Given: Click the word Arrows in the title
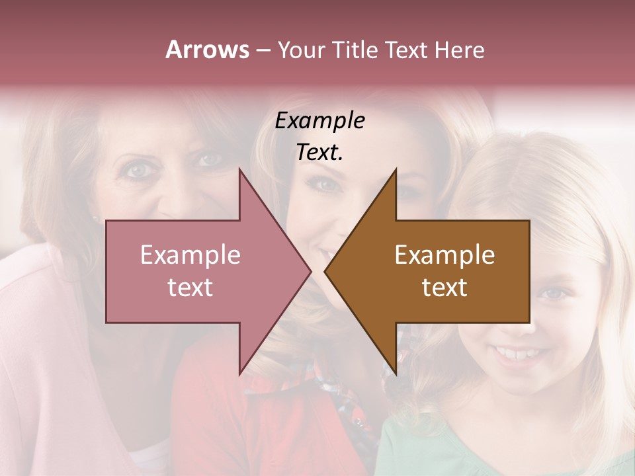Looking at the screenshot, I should [x=207, y=50].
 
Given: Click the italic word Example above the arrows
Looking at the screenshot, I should [x=319, y=121].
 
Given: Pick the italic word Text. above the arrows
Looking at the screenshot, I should [x=319, y=152].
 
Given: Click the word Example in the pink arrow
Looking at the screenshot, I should [x=190, y=255].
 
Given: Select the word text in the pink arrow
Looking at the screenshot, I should [x=190, y=288].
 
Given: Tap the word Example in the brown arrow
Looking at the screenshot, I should [x=444, y=255].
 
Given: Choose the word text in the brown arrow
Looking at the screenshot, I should [x=444, y=288].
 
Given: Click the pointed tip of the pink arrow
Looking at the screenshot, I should [x=312, y=272].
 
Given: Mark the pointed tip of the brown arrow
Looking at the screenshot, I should [x=324, y=272].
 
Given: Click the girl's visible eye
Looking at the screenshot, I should [x=554, y=294].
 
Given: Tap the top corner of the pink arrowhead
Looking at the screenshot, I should [x=239, y=169].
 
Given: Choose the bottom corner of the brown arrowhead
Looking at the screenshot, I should [x=396, y=375].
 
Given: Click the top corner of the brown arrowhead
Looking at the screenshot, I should [x=396, y=169].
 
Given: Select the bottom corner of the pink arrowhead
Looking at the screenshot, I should [x=239, y=375].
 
